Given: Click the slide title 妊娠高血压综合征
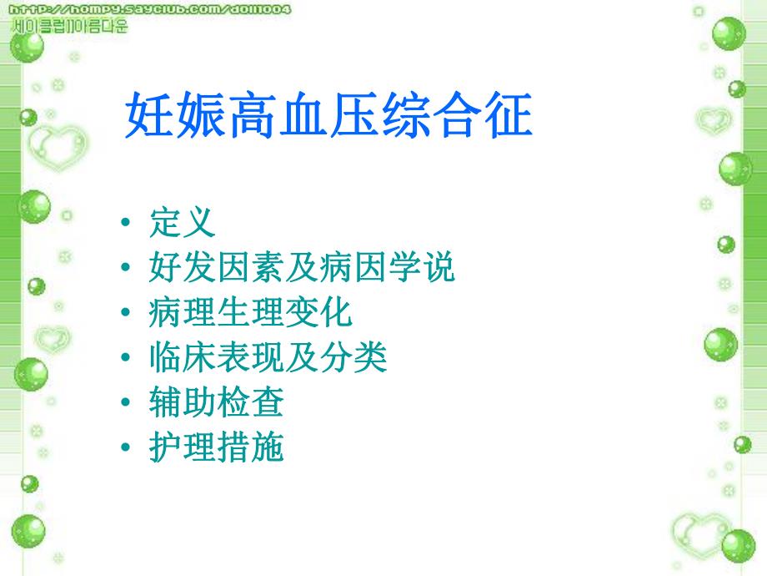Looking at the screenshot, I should click(x=328, y=116).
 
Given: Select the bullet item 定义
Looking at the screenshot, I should click(x=183, y=223).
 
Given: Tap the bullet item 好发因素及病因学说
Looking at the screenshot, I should click(x=302, y=268).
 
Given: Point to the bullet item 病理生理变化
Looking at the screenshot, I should click(x=250, y=313).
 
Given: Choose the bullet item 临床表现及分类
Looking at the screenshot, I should click(x=268, y=358).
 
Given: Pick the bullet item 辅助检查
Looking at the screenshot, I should click(x=216, y=403).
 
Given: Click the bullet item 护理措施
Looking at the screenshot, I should click(x=216, y=448).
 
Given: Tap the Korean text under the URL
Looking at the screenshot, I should click(x=71, y=26).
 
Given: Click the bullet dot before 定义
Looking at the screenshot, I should click(x=125, y=224).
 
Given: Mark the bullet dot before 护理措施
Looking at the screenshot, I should click(x=125, y=449).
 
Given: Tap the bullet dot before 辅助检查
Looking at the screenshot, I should click(x=125, y=404).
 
